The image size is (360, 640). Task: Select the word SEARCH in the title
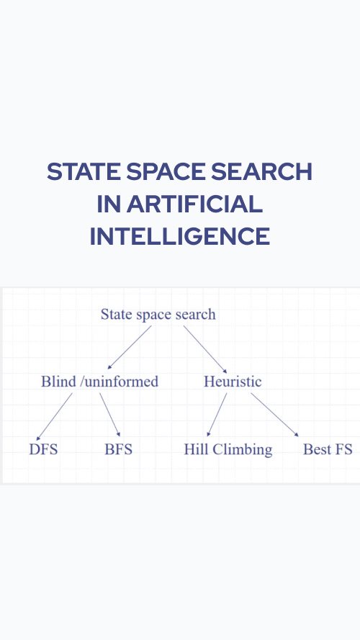(262, 171)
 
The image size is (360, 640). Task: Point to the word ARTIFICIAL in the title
(194, 204)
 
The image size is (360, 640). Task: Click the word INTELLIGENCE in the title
(180, 236)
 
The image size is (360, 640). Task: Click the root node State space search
(158, 315)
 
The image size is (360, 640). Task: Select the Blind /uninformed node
(99, 382)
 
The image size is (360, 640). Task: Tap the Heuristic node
(233, 382)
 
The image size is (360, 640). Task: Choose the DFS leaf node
(43, 449)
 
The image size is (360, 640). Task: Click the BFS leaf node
(118, 449)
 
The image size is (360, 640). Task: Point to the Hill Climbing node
(228, 450)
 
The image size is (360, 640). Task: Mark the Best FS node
(328, 449)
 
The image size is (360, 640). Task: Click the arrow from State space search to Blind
(130, 347)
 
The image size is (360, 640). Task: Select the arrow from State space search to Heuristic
(205, 349)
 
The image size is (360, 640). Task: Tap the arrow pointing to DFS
(54, 417)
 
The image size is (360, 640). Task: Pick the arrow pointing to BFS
(109, 415)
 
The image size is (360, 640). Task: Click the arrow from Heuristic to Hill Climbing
(217, 415)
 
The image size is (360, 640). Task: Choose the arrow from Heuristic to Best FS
(275, 415)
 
